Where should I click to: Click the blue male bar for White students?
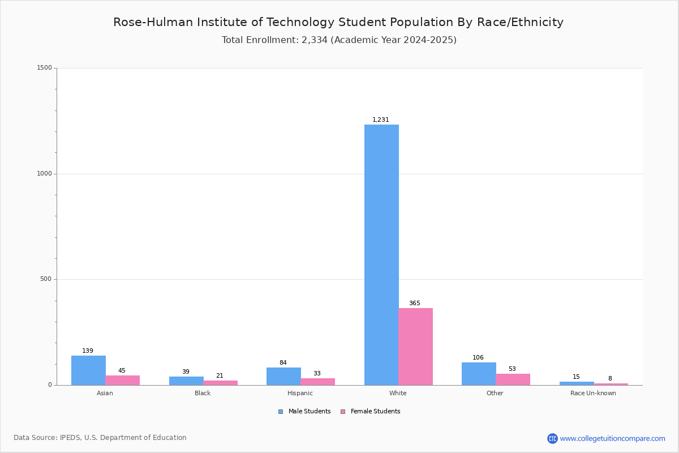pyautogui.click(x=381, y=255)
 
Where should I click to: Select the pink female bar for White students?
pyautogui.click(x=415, y=347)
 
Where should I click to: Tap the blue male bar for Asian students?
pyautogui.click(x=88, y=370)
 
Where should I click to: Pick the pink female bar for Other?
pyautogui.click(x=513, y=379)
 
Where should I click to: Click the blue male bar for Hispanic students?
pyautogui.click(x=283, y=377)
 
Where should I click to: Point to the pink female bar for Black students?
pyautogui.click(x=220, y=383)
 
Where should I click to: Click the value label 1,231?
pyautogui.click(x=381, y=119)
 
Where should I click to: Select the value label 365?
pyautogui.click(x=415, y=303)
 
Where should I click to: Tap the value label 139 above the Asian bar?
pyautogui.click(x=88, y=351)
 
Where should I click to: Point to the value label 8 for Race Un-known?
pyautogui.click(x=610, y=378)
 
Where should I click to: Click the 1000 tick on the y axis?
pyautogui.click(x=45, y=173)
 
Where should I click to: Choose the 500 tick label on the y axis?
pyautogui.click(x=46, y=279)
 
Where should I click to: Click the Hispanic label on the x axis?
pyautogui.click(x=300, y=393)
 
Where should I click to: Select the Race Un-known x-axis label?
pyautogui.click(x=593, y=393)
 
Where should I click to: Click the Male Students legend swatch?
pyautogui.click(x=281, y=412)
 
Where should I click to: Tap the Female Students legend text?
pyautogui.click(x=376, y=412)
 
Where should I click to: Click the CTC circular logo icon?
pyautogui.click(x=553, y=438)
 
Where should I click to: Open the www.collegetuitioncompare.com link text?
pyautogui.click(x=613, y=438)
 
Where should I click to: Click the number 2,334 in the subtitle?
pyautogui.click(x=315, y=40)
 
